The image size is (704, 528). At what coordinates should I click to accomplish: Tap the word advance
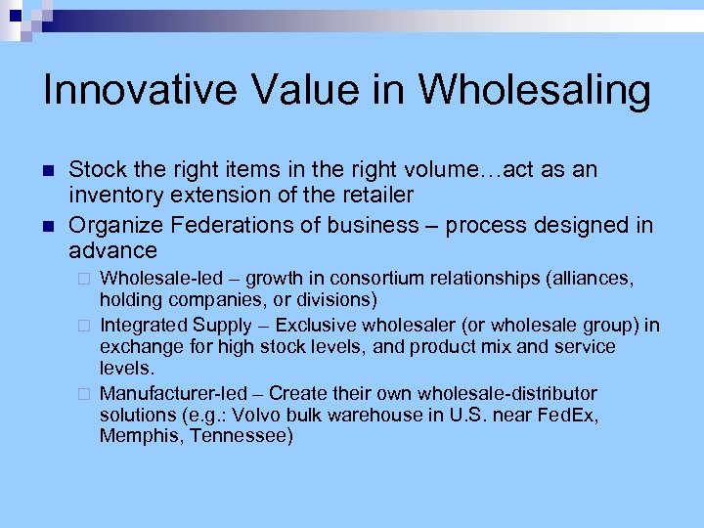tap(113, 251)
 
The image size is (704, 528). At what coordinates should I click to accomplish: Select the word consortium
tap(361, 280)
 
